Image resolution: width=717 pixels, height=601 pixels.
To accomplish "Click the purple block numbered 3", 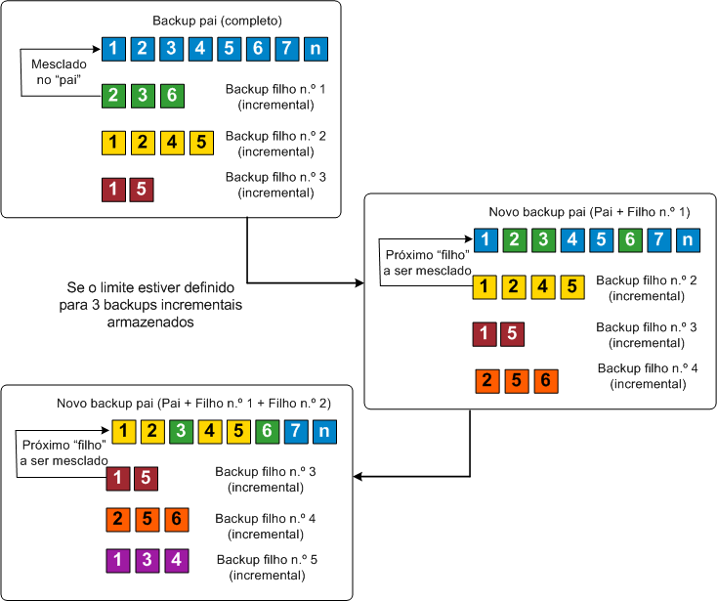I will coord(147,561).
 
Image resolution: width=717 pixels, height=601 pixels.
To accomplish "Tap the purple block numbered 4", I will coord(175,561).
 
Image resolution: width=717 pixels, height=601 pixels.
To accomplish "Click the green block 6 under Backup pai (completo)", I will coord(172,96).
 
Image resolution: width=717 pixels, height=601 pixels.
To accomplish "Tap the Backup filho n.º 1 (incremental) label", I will coord(274,96).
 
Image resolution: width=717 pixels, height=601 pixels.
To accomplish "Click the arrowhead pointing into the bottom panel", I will coord(358,477).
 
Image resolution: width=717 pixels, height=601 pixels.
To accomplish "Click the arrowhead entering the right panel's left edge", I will coord(358,283).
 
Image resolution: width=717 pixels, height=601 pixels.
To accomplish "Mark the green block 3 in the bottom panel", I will coord(182,430).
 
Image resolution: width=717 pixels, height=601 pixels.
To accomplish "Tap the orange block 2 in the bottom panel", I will coord(118,520).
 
